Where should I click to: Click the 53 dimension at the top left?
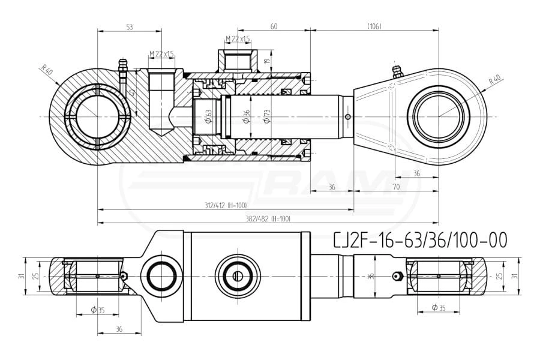[x=130, y=26]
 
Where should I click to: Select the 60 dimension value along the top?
[x=274, y=26]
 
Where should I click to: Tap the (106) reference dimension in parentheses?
[x=374, y=26]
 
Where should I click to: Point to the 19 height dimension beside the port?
[x=268, y=60]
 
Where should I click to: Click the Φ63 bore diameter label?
[x=208, y=116]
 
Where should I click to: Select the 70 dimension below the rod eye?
[x=395, y=188]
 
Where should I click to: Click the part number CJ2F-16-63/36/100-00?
[x=420, y=241]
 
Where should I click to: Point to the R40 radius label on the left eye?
[x=47, y=71]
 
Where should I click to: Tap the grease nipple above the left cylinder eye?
[x=123, y=66]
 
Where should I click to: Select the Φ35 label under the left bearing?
[x=97, y=310]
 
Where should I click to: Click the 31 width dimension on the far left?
[x=20, y=276]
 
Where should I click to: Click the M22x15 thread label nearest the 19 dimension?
[x=237, y=39]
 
